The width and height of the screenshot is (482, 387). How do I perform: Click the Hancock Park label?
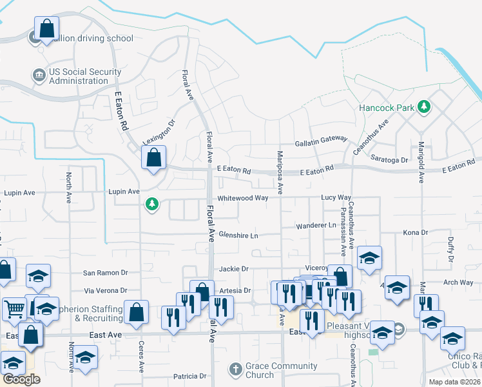[387, 108]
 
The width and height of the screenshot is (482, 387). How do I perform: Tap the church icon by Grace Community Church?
[235, 370]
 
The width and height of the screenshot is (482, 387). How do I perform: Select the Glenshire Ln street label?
[238, 235]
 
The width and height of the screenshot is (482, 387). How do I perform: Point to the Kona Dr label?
[416, 232]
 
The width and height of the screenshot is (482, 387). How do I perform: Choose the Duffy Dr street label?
[450, 248]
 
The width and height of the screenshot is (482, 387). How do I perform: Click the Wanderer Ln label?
[316, 226]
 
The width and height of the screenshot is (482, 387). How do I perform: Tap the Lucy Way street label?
[336, 197]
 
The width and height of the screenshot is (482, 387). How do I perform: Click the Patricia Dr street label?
[189, 375]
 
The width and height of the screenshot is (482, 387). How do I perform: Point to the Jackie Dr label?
[234, 268]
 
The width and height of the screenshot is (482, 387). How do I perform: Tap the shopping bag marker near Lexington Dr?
[154, 158]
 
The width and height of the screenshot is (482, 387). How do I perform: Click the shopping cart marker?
[14, 308]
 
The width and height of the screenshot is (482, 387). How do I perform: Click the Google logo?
[21, 379]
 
